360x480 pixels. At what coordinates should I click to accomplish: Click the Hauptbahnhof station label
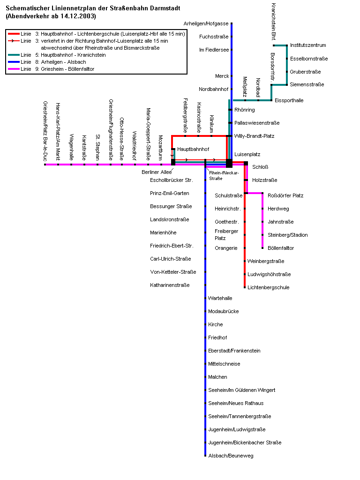(193, 149)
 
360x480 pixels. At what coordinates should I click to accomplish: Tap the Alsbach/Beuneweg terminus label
(231, 456)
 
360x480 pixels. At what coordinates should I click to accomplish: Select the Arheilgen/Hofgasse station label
(207, 23)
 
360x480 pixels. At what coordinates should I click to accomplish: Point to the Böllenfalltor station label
(281, 248)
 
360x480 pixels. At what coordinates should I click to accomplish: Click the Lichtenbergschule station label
(269, 287)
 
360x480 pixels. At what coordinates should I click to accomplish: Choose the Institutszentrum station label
(308, 45)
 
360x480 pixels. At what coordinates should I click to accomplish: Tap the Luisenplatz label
(247, 154)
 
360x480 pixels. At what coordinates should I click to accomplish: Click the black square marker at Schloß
(246, 163)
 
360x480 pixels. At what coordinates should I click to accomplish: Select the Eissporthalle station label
(289, 100)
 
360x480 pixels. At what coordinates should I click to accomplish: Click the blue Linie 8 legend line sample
(14, 62)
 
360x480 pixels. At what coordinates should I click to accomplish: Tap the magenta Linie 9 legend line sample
(14, 69)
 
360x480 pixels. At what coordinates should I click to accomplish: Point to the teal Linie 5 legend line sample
(14, 55)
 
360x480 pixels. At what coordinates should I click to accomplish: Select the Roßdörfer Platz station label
(285, 195)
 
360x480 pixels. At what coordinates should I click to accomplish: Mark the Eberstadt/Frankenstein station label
(234, 351)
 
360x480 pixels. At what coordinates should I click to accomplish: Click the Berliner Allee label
(153, 172)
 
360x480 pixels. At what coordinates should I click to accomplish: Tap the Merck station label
(222, 76)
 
